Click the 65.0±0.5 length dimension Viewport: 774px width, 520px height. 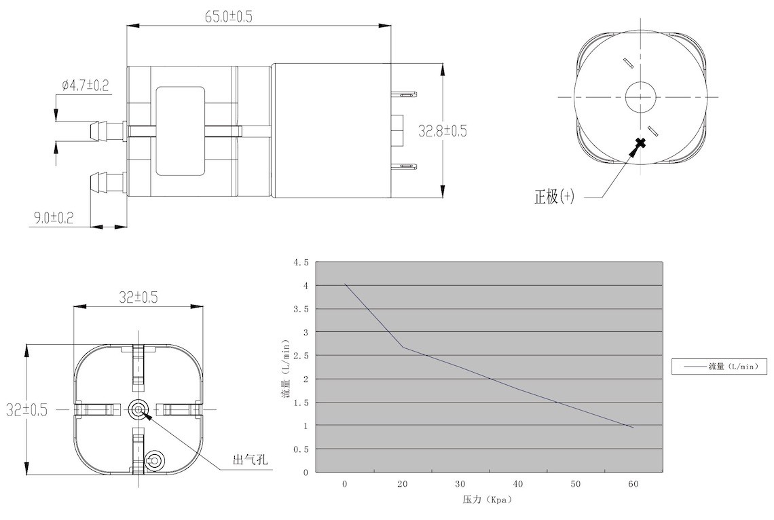229,16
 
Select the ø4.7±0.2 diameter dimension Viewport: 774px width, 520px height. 86,85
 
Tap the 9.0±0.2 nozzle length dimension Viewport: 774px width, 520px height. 54,217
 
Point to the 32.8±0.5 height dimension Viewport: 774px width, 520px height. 442,131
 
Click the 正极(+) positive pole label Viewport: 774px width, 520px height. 554,196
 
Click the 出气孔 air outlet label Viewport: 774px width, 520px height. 250,460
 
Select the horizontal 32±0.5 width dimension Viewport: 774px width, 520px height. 139,297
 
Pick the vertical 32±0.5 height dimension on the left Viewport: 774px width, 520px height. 26,409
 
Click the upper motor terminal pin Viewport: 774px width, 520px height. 404,93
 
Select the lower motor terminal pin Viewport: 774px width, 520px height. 404,167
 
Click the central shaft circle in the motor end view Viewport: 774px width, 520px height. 640,96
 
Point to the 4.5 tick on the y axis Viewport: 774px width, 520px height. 301,263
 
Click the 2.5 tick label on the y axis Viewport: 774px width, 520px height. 301,356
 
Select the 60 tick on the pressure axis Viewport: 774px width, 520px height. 633,484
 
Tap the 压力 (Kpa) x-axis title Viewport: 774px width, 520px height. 487,500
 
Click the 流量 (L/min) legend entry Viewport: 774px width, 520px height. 719,366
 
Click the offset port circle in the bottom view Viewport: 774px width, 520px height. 154,461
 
